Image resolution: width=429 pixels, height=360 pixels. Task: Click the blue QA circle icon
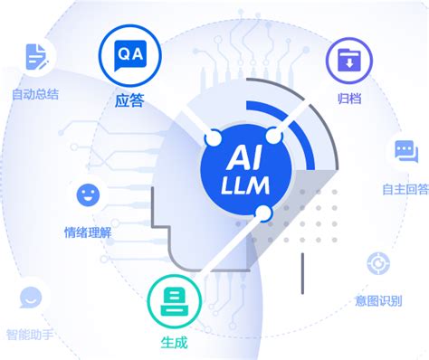point(129,55)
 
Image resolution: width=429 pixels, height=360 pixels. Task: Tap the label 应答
point(129,101)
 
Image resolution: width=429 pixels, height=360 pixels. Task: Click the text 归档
point(347,98)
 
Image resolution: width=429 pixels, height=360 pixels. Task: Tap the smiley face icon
point(88,194)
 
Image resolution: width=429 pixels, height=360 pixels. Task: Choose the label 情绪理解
point(88,230)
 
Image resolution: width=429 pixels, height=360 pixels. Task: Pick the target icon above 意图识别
point(378,264)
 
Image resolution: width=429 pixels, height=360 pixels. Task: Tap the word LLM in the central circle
point(243,188)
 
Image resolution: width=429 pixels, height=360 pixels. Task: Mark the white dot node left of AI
point(214,138)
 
